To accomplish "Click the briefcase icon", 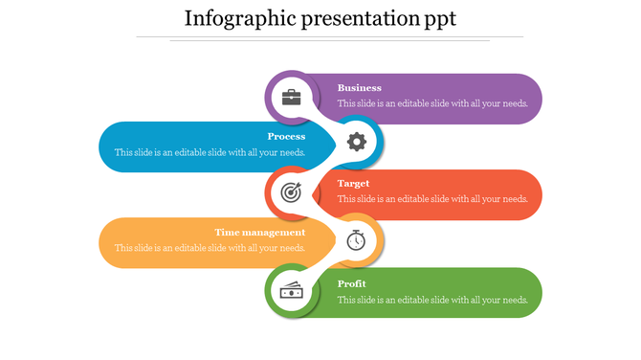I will (291, 97).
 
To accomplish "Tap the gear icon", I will (356, 143).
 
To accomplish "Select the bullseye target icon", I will (291, 192).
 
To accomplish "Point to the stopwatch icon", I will (356, 239).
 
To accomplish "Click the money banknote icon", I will (291, 291).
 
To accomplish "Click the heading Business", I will (359, 88).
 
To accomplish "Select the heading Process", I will (286, 137).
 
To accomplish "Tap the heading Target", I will (353, 184).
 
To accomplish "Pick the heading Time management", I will (259, 233).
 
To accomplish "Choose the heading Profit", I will (352, 284).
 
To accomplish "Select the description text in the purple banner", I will (432, 103).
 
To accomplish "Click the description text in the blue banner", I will (210, 152).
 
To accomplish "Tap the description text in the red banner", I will (432, 199).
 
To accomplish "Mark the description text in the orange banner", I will (210, 248).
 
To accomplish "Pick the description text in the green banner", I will (432, 300).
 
